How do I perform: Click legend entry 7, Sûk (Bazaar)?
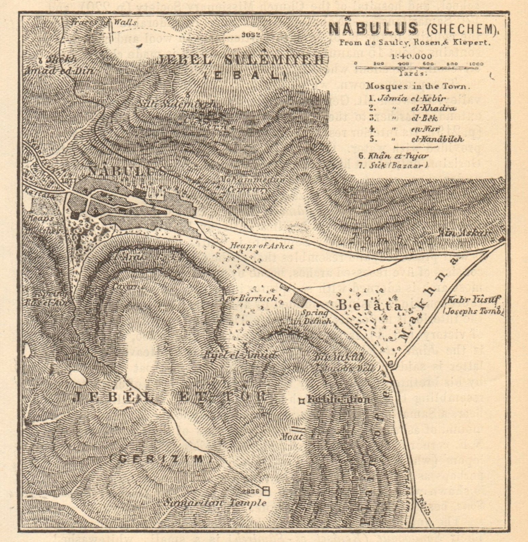pos(395,165)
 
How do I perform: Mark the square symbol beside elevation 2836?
pos(266,490)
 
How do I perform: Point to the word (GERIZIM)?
pos(162,459)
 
